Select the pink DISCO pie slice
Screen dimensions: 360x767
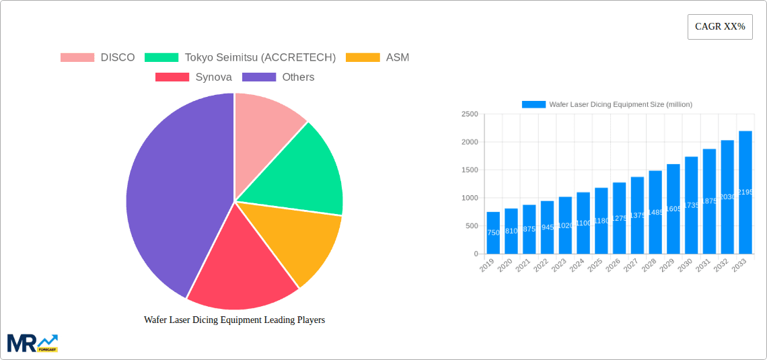(x=266, y=121)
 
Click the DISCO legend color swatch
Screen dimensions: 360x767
(x=77, y=58)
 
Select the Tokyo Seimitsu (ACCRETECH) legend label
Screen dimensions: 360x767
(x=260, y=58)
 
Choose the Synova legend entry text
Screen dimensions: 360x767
(x=213, y=77)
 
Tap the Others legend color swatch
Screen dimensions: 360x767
(x=259, y=77)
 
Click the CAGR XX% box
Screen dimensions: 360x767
(x=720, y=27)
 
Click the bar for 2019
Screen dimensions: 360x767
(x=493, y=233)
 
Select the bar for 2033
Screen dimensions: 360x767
(x=745, y=192)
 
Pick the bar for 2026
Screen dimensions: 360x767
(x=619, y=218)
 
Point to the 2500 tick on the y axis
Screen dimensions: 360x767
(x=470, y=114)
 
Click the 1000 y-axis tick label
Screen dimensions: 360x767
(x=470, y=198)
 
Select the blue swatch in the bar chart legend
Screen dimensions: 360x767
(x=534, y=104)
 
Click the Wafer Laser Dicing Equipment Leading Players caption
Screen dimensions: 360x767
(x=234, y=320)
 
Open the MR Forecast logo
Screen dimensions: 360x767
(x=32, y=343)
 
